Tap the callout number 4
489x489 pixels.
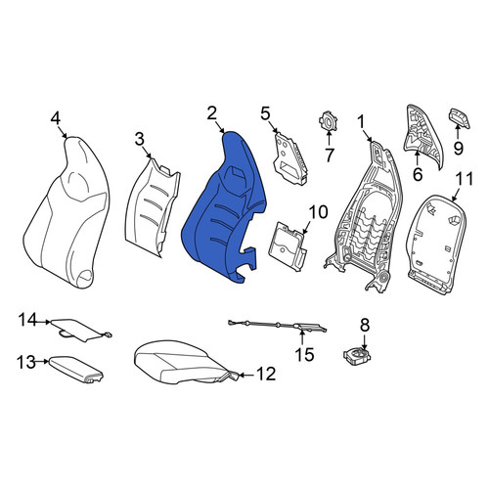pyautogui.click(x=56, y=118)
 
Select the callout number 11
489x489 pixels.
pyautogui.click(x=465, y=179)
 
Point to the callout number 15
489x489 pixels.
pyautogui.click(x=304, y=354)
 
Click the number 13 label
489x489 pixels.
pyautogui.click(x=26, y=362)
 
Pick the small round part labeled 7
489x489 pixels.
pyautogui.click(x=328, y=121)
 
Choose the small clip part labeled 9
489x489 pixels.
pyautogui.click(x=461, y=118)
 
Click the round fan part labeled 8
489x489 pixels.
pyautogui.click(x=357, y=356)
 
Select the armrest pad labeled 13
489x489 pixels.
pyautogui.click(x=75, y=369)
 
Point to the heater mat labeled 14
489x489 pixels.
pyautogui.click(x=80, y=330)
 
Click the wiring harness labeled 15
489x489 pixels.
pyautogui.click(x=277, y=326)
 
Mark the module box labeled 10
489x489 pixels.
pyautogui.click(x=287, y=245)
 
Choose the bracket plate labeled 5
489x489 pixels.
pyautogui.click(x=290, y=159)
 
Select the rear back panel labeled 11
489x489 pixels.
pyautogui.click(x=437, y=244)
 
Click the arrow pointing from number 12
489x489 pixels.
pyautogui.click(x=246, y=376)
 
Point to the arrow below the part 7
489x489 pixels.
pyautogui.click(x=329, y=137)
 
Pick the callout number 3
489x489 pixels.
pyautogui.click(x=140, y=140)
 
